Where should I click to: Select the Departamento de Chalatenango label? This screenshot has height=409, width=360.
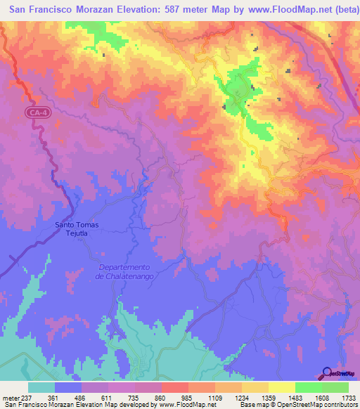(x=127, y=271)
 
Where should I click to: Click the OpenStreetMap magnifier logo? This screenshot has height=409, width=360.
(x=326, y=374)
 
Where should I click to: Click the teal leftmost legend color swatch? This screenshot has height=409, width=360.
(x=41, y=387)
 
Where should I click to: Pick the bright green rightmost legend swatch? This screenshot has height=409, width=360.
(x=335, y=387)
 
